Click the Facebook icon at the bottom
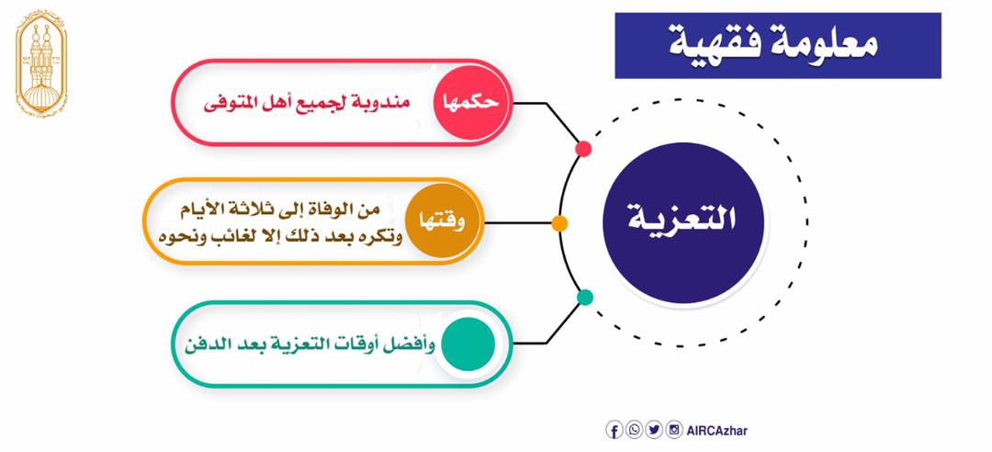[614, 431]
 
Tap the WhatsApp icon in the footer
[634, 431]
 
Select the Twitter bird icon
[654, 431]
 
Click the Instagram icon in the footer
[674, 431]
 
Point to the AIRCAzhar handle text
[716, 431]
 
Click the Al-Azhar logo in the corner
[41, 63]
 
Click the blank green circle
[468, 344]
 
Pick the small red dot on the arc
[583, 149]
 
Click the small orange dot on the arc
[559, 223]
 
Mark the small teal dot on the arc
[585, 297]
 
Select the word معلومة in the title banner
[829, 44]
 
